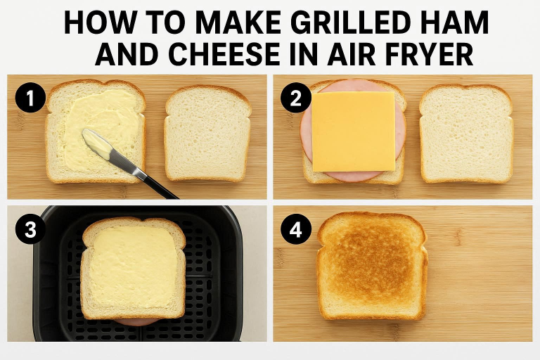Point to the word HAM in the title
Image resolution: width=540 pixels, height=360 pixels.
point(455,22)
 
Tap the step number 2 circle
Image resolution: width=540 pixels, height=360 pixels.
point(296,98)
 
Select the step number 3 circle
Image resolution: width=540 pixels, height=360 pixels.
point(30,229)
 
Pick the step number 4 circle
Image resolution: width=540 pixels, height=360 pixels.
point(296,229)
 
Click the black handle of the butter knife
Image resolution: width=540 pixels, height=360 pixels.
point(161,187)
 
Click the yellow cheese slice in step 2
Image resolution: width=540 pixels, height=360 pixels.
point(354,131)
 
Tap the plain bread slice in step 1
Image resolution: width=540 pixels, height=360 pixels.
point(207,133)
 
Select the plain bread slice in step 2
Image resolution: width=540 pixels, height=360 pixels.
point(466,133)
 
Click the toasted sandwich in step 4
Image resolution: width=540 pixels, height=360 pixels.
point(372,266)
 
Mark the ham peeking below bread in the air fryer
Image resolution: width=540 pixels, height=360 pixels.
point(136,322)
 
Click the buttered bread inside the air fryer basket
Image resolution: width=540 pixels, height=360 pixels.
point(133,268)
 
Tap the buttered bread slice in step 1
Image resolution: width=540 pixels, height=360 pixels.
point(96,131)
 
